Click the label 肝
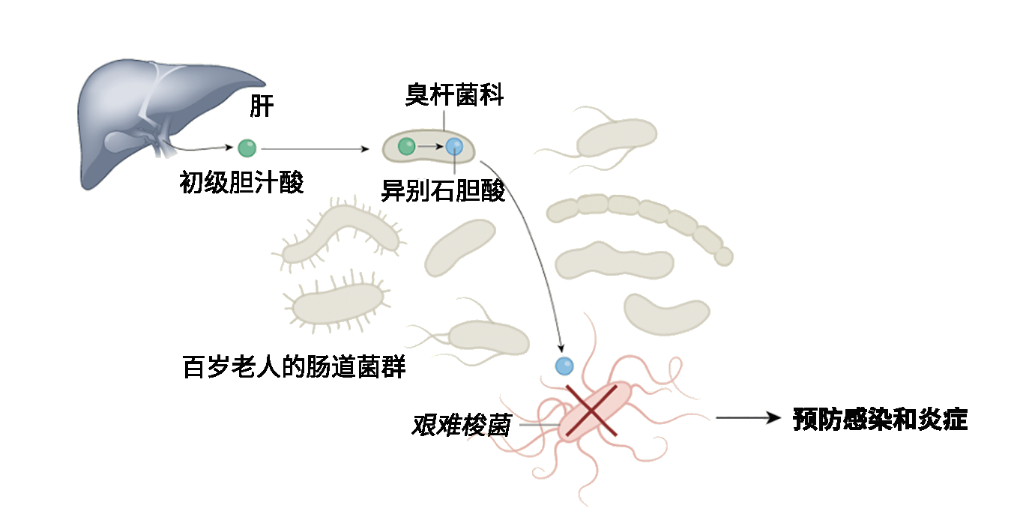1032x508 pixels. [x=262, y=106]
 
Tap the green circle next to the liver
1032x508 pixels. [x=247, y=148]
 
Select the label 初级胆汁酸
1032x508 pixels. [x=241, y=182]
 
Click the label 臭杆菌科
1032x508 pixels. [x=454, y=95]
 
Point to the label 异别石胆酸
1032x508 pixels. [x=444, y=190]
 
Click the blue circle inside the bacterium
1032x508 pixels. [x=454, y=147]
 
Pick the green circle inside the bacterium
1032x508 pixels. [x=406, y=146]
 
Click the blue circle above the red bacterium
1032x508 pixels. [x=564, y=366]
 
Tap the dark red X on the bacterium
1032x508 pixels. [x=591, y=410]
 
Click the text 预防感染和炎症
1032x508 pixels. [x=880, y=420]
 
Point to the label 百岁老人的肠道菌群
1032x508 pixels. [x=294, y=367]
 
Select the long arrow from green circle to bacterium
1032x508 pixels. [x=315, y=149]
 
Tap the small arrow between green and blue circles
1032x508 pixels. [x=430, y=147]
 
